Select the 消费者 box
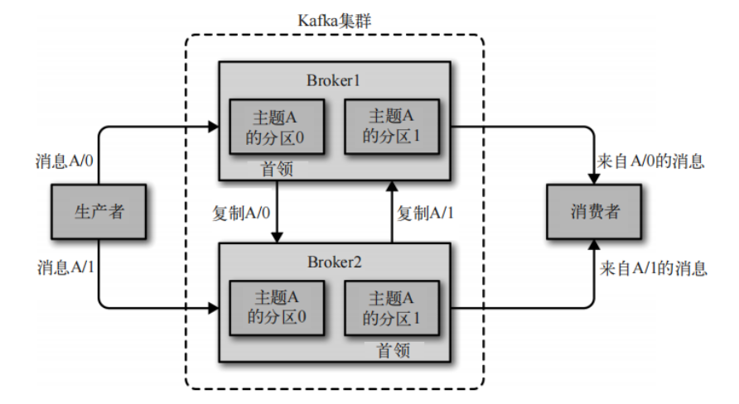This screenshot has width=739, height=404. (x=593, y=212)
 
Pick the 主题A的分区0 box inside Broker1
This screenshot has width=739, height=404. (x=274, y=127)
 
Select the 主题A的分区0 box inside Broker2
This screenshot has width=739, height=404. (x=274, y=308)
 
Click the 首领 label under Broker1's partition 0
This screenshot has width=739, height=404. (x=277, y=168)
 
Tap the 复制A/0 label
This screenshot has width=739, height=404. (x=240, y=213)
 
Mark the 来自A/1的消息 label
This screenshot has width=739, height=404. (x=652, y=268)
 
